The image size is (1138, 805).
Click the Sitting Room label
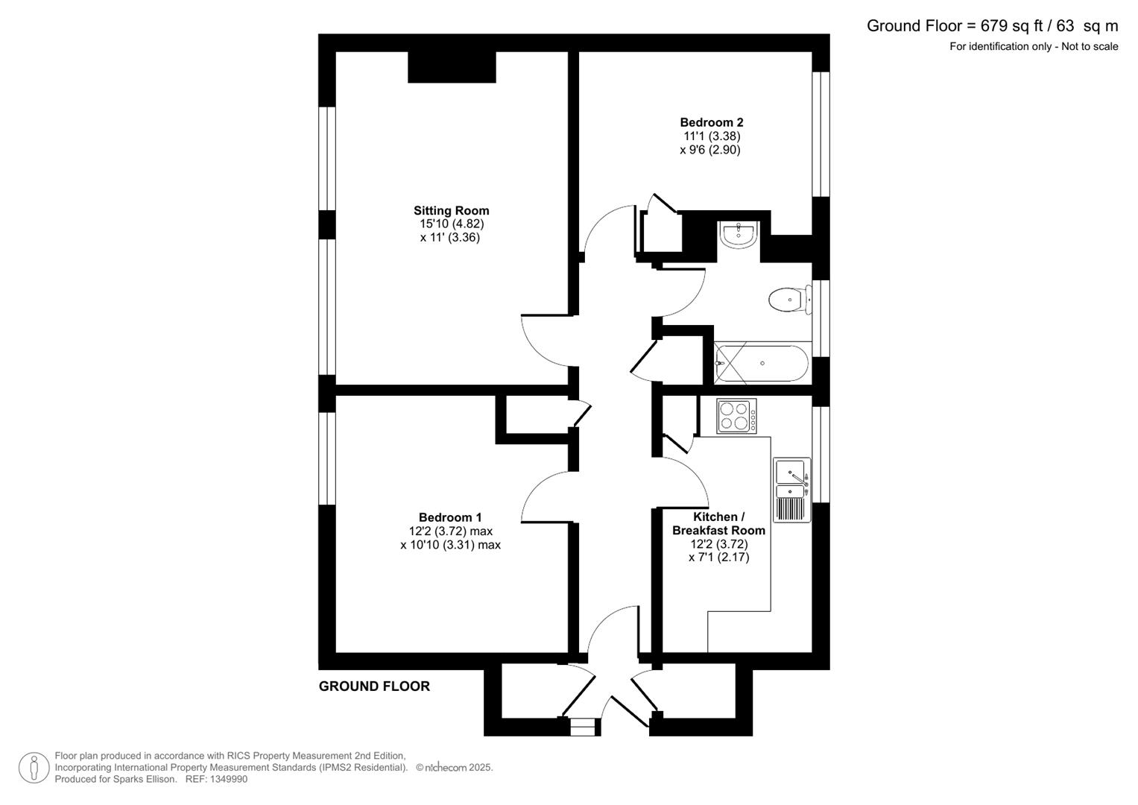pyautogui.click(x=451, y=211)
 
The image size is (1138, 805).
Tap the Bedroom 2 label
pyautogui.click(x=711, y=122)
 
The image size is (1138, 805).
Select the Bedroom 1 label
pyautogui.click(x=449, y=517)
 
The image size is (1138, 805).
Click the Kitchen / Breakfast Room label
pyautogui.click(x=718, y=524)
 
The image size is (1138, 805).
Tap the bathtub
pyautogui.click(x=761, y=364)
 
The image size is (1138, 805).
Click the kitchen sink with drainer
pyautogui.click(x=791, y=490)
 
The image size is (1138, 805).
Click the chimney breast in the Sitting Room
pyautogui.click(x=452, y=67)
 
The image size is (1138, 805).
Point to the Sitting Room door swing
pyautogui.click(x=546, y=339)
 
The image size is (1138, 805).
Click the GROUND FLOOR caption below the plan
pyautogui.click(x=374, y=686)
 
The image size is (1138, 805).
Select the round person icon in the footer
pyautogui.click(x=34, y=768)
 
